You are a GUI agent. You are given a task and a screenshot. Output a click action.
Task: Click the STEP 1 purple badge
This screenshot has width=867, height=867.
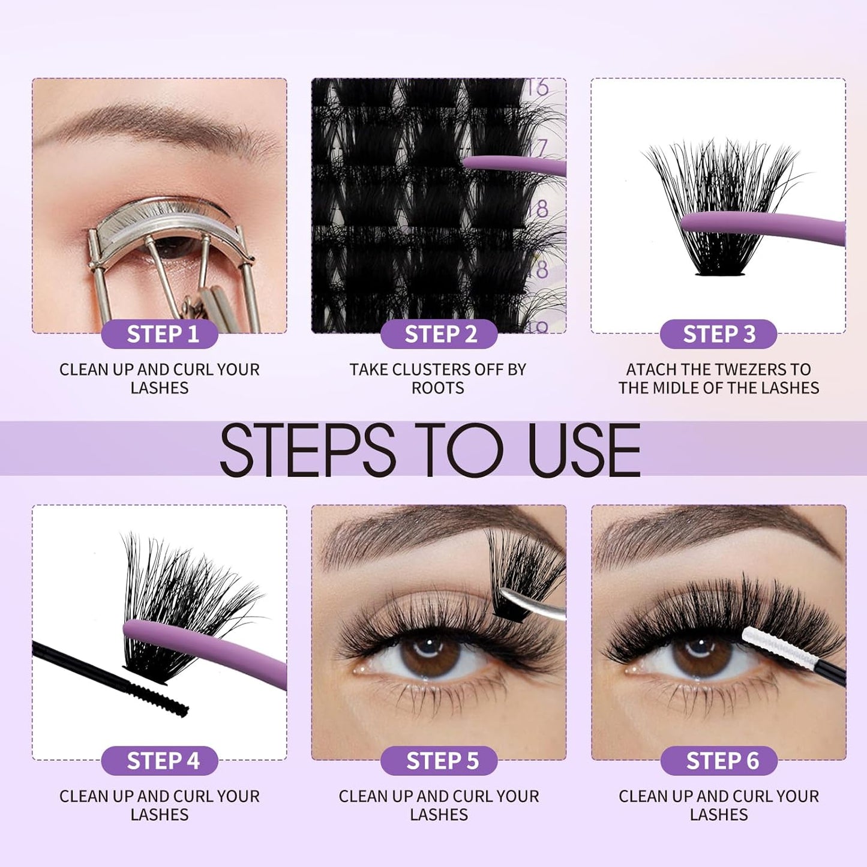tap(160, 334)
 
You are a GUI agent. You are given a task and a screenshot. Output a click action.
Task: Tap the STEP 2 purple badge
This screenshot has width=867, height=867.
tap(439, 334)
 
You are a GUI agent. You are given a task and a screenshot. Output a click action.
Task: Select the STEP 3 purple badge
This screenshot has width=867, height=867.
tap(719, 334)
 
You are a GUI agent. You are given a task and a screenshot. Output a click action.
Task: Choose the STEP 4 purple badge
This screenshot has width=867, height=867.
tap(160, 761)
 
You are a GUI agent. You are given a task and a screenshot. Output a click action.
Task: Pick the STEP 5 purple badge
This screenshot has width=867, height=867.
tap(439, 761)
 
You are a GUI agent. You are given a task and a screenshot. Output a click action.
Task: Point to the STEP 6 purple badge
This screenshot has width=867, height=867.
tap(719, 761)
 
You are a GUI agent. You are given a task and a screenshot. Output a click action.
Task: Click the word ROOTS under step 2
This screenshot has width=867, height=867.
tap(438, 388)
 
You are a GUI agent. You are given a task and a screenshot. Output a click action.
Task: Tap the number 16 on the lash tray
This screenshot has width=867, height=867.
tap(538, 88)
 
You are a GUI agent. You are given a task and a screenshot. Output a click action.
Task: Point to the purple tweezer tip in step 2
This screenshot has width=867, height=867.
tap(480, 162)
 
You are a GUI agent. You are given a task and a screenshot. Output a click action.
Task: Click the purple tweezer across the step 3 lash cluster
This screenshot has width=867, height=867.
tap(762, 226)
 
